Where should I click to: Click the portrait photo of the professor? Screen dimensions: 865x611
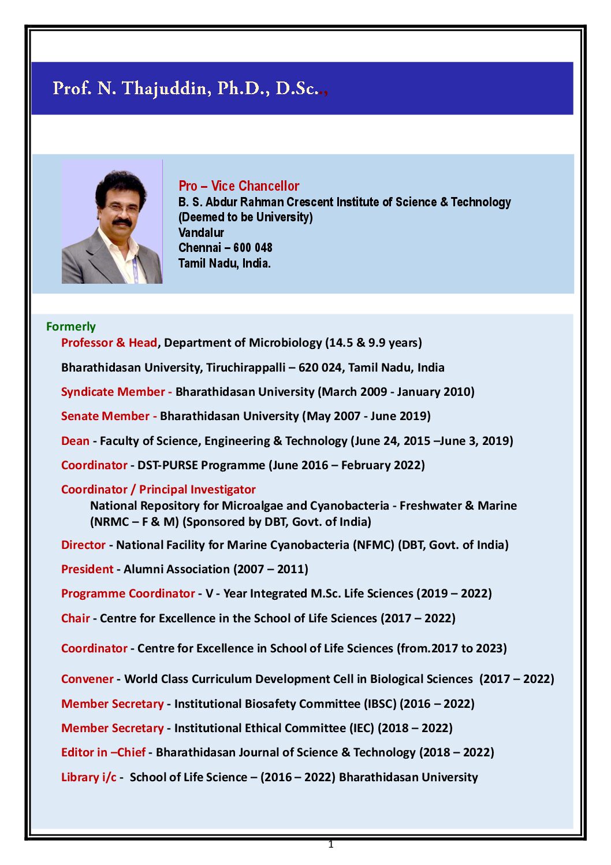click(112, 222)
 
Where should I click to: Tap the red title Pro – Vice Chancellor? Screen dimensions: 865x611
click(239, 186)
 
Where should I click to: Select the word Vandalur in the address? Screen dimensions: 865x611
click(201, 232)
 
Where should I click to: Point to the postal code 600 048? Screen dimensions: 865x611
click(253, 248)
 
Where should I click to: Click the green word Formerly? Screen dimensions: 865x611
click(70, 326)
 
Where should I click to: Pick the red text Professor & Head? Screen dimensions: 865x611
click(109, 343)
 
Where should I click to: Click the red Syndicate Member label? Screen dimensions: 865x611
click(113, 392)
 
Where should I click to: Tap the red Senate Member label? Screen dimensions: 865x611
click(105, 416)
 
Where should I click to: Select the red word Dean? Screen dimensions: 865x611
click(75, 441)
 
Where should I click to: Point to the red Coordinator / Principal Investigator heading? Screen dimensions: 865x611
click(158, 489)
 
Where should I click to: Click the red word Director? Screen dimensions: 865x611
click(83, 545)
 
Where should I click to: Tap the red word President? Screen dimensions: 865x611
click(87, 569)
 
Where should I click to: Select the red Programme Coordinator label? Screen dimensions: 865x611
click(128, 593)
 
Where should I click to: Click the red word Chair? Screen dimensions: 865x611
click(75, 618)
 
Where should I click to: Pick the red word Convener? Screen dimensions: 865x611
click(87, 679)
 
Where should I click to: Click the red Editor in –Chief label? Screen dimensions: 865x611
click(103, 752)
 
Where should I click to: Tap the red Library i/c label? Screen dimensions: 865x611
click(88, 777)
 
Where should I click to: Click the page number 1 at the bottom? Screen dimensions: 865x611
click(331, 845)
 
